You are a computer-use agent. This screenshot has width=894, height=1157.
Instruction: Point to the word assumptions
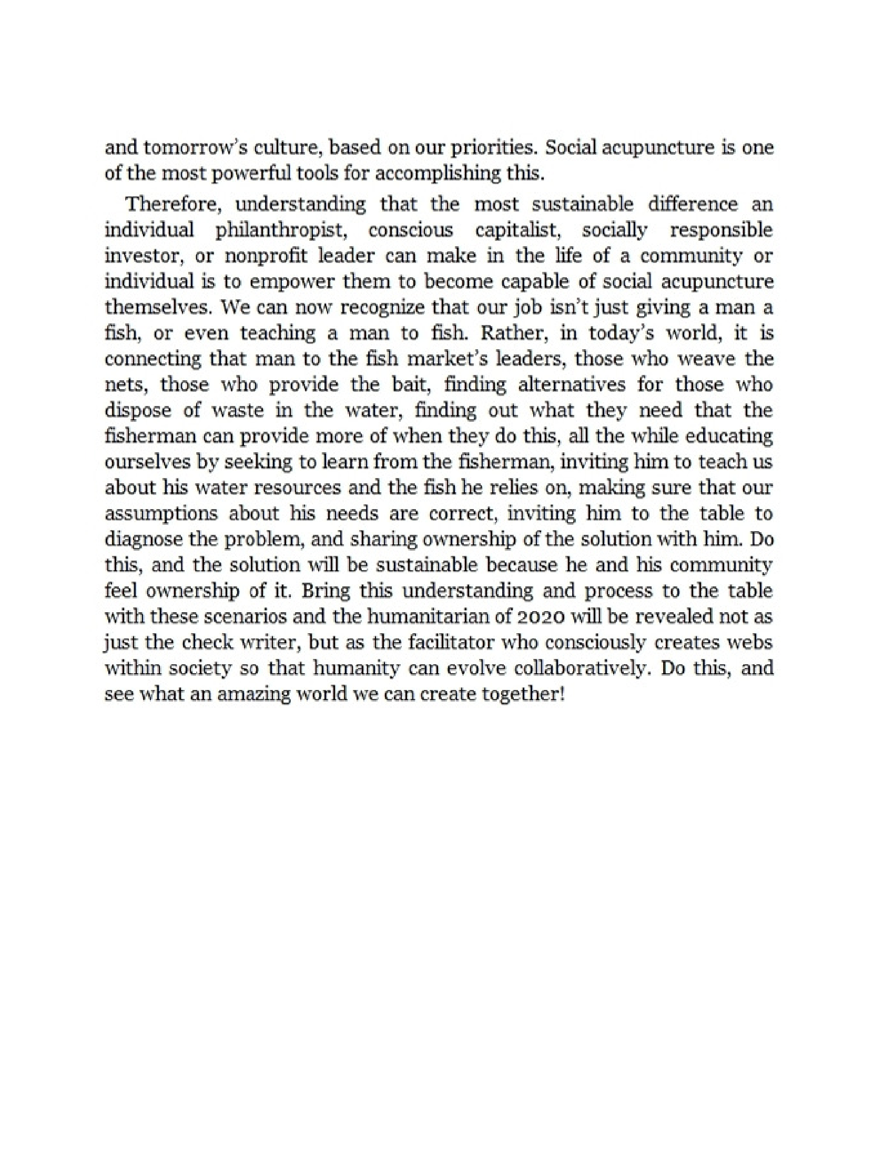click(x=161, y=513)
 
